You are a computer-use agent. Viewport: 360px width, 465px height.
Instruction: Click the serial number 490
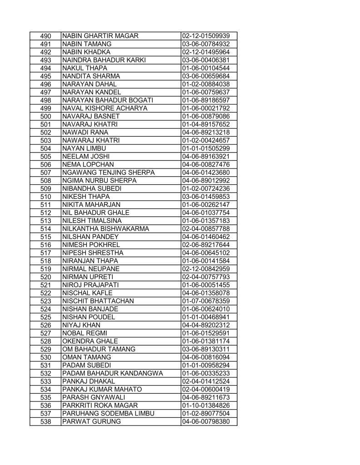tap(45, 36)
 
